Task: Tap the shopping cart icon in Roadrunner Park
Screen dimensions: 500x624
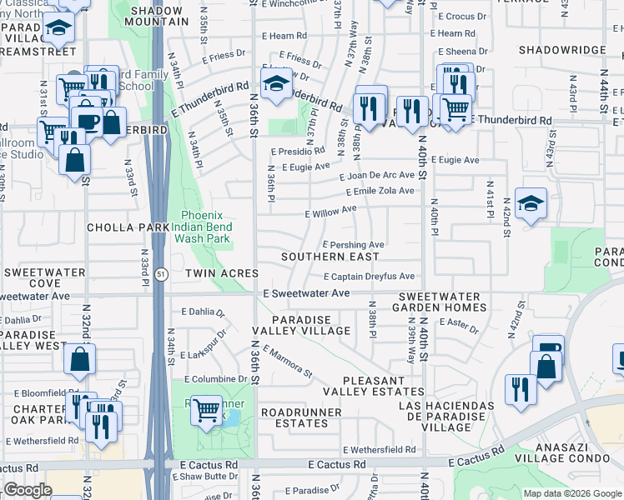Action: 206,410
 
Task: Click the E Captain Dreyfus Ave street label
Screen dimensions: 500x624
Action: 368,277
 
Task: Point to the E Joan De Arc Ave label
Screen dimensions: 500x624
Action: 376,175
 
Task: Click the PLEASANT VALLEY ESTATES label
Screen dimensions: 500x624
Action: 362,386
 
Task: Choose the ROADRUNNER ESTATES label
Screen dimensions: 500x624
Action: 301,418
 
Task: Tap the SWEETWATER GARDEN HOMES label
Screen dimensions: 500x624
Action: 439,302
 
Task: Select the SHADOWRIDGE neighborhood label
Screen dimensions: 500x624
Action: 561,50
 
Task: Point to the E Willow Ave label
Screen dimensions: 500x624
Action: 331,213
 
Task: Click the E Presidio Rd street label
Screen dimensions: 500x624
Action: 298,152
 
